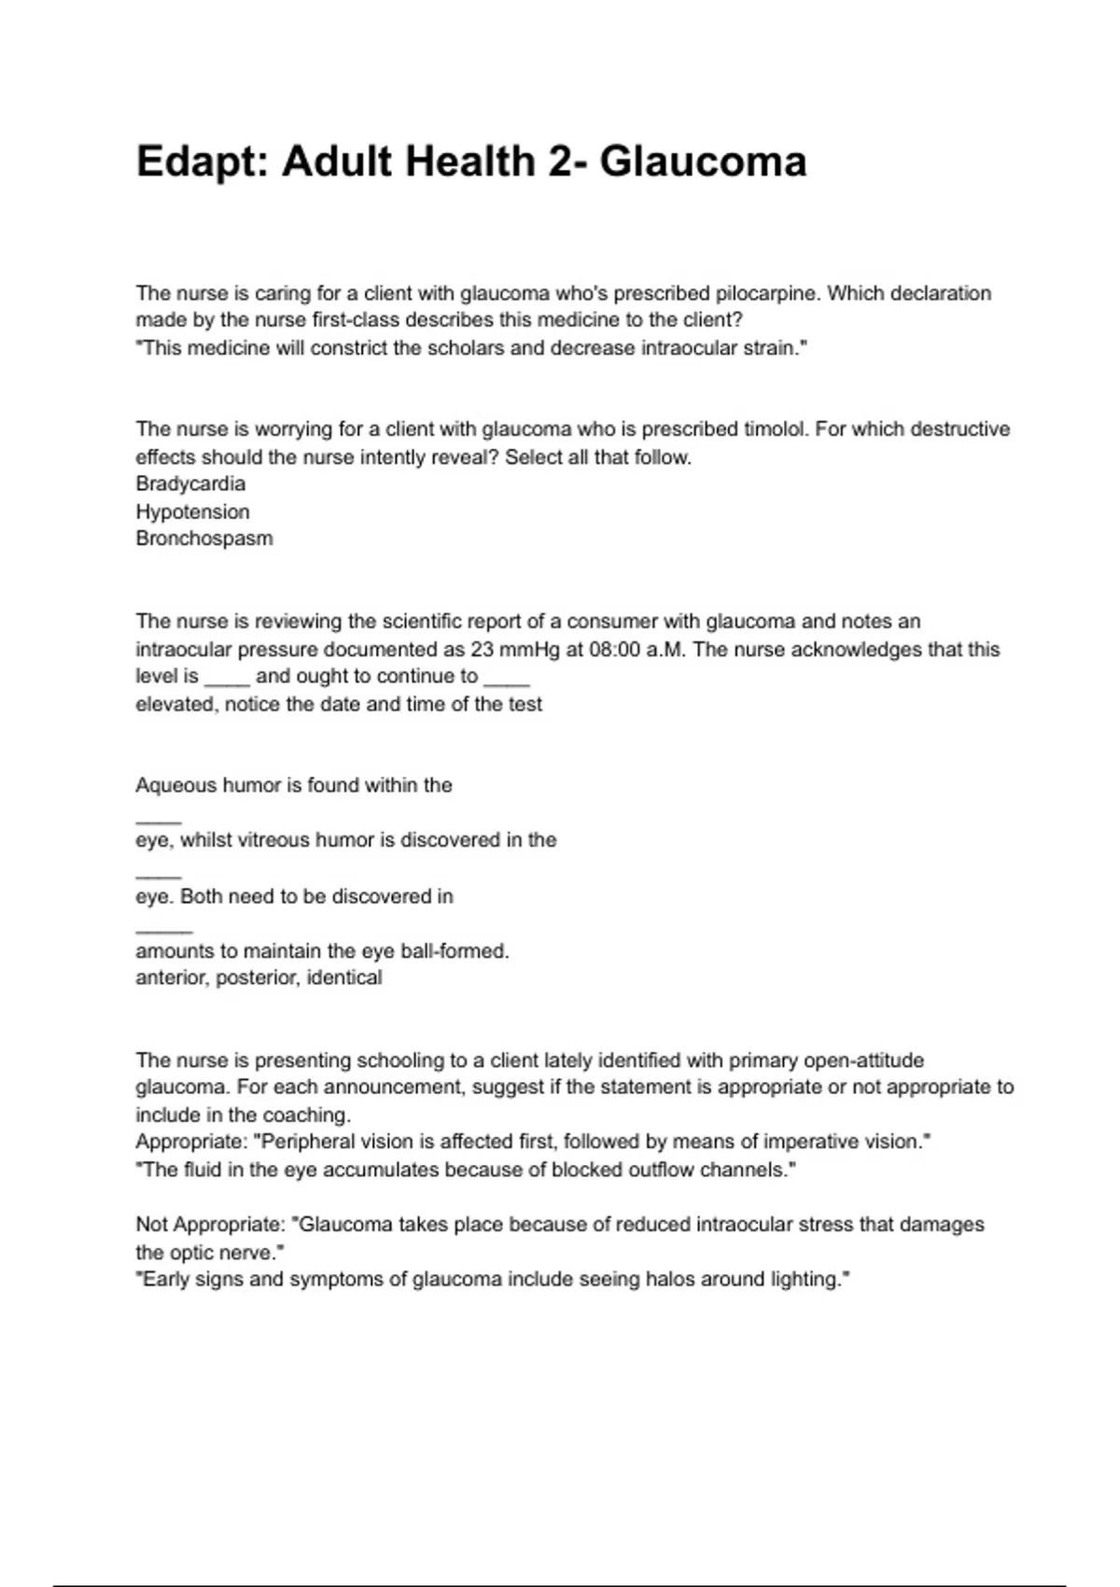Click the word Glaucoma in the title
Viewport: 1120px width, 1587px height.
[x=702, y=162]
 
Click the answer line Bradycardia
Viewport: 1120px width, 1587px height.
[x=190, y=484]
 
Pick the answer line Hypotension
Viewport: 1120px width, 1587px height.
[x=192, y=512]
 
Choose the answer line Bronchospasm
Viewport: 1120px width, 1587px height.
[x=204, y=539]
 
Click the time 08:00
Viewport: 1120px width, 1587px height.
[x=615, y=650]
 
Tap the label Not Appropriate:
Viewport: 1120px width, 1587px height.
[x=210, y=1224]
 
